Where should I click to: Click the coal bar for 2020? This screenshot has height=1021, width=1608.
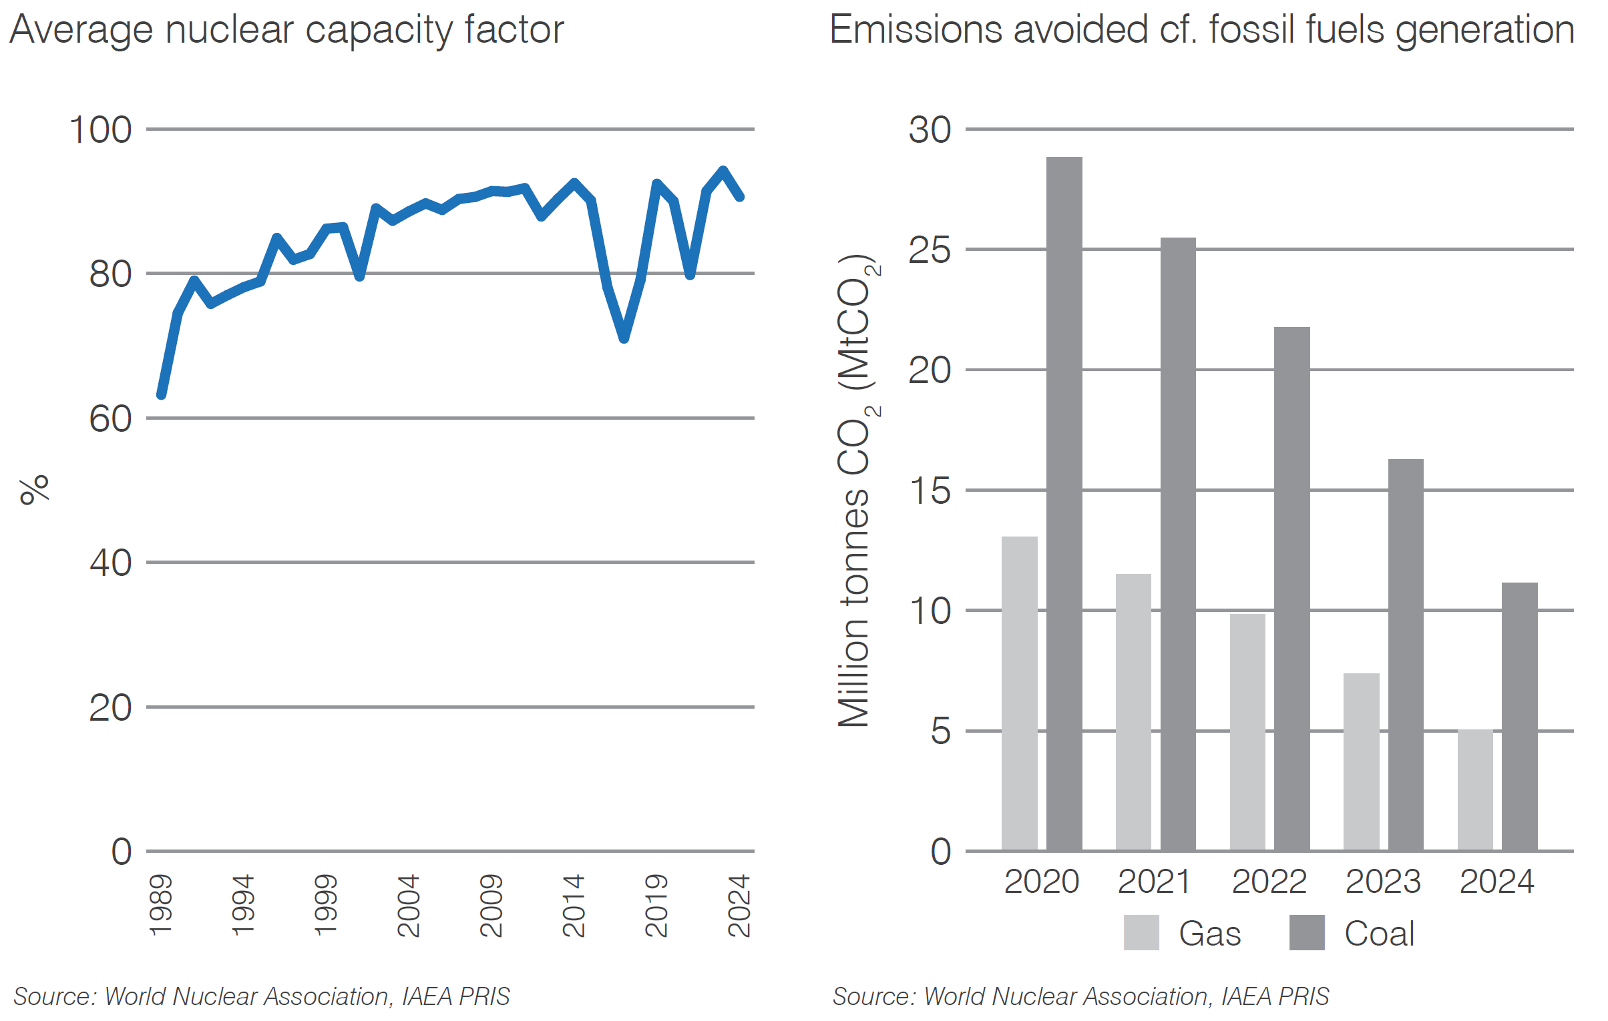click(x=1064, y=504)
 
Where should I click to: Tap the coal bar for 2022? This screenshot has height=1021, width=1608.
click(x=1291, y=589)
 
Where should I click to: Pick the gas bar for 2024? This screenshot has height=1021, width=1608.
click(x=1475, y=790)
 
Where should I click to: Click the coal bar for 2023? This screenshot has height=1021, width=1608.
click(x=1406, y=654)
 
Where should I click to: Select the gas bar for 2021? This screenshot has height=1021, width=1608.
click(x=1133, y=711)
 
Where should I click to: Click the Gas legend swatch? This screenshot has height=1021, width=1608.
click(x=1141, y=932)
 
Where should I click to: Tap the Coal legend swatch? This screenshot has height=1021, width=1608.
click(x=1307, y=932)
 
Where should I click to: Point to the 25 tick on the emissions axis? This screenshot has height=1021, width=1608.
click(x=930, y=251)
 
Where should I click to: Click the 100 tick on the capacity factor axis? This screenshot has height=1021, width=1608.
click(x=100, y=130)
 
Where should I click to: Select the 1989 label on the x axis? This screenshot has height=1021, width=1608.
click(x=161, y=906)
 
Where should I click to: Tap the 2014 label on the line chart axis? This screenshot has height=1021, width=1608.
click(x=574, y=906)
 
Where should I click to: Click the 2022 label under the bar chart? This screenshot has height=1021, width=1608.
click(x=1269, y=882)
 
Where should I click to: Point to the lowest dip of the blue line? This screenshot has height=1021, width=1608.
click(x=624, y=338)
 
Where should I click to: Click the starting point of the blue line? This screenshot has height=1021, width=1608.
click(x=161, y=395)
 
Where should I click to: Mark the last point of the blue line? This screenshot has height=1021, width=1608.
click(x=740, y=197)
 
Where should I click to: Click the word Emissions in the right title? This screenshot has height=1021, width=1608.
click(x=915, y=31)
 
